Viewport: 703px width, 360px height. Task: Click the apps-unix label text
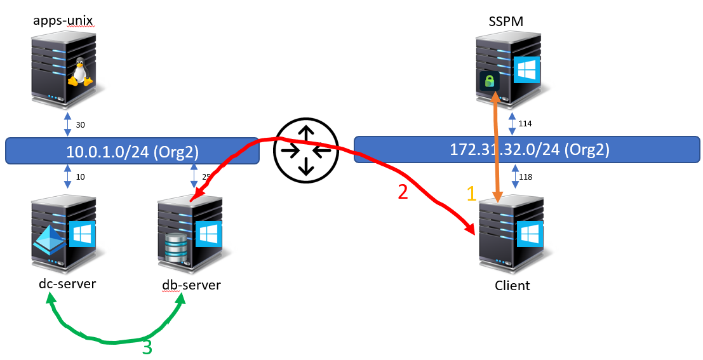pyautogui.click(x=64, y=21)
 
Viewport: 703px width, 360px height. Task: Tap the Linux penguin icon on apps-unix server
pyautogui.click(x=79, y=72)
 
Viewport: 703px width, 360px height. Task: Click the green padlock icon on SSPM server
pyautogui.click(x=489, y=81)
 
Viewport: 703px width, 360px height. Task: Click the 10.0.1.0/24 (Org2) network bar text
pyautogui.click(x=132, y=150)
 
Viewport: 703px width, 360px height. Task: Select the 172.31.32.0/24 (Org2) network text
pyautogui.click(x=529, y=150)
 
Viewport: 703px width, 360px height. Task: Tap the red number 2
pyautogui.click(x=403, y=192)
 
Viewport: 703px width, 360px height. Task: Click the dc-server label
pyautogui.click(x=67, y=283)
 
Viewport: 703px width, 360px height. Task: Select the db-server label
pyautogui.click(x=191, y=284)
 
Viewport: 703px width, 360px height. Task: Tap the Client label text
pyautogui.click(x=512, y=286)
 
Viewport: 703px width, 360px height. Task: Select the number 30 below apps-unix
pyautogui.click(x=80, y=124)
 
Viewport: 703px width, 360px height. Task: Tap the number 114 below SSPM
pyautogui.click(x=526, y=124)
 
